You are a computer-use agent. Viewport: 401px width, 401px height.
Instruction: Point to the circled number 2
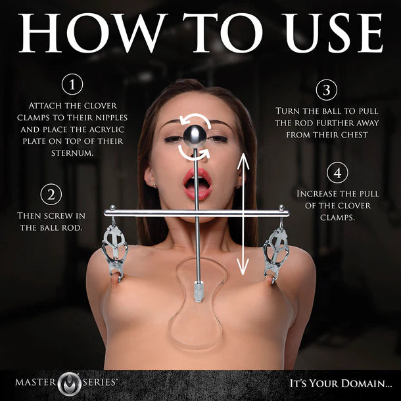point(51,195)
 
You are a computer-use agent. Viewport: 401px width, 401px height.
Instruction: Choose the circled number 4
point(336,173)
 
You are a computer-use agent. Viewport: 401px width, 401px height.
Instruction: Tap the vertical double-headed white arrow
point(243,214)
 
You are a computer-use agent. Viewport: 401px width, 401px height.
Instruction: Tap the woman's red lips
point(198,184)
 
